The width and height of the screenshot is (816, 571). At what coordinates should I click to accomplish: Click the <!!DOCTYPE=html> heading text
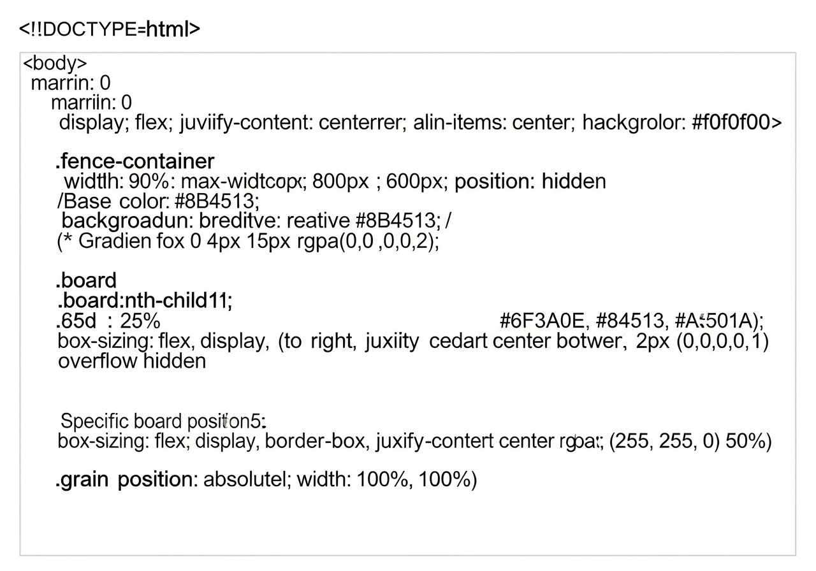(x=109, y=29)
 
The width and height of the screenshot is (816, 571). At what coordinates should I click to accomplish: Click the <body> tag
(x=55, y=64)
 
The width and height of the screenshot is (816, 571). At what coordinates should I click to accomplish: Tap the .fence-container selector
(x=135, y=161)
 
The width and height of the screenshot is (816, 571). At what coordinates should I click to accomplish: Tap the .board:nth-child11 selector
(x=145, y=300)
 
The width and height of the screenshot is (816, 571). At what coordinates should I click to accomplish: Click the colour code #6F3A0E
(x=543, y=321)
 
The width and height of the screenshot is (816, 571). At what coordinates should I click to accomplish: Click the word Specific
(x=95, y=421)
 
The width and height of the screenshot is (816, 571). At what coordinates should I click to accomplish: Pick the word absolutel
(x=243, y=480)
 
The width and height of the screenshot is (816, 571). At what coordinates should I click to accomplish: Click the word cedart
(x=458, y=341)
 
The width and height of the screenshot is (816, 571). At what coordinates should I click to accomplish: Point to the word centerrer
(x=360, y=122)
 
